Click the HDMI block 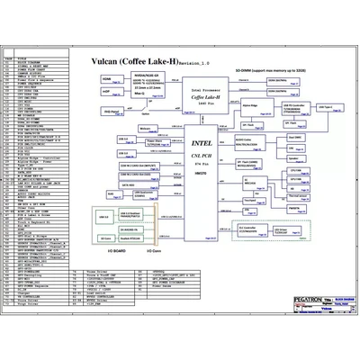point(106,80)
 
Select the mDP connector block point(106,92)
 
